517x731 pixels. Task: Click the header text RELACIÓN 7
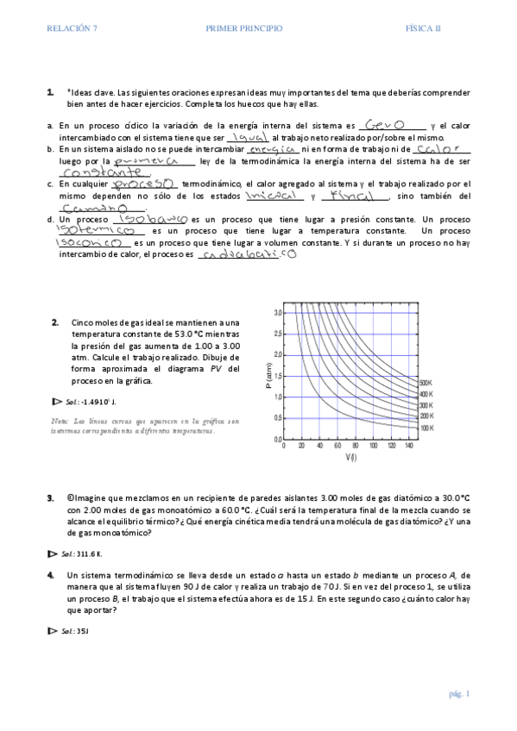click(73, 28)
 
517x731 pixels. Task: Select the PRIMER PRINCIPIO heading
click(244, 28)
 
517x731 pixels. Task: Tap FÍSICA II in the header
click(423, 28)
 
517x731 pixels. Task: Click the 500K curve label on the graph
click(425, 382)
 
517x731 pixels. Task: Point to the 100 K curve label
click(425, 428)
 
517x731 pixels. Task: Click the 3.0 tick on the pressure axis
click(278, 312)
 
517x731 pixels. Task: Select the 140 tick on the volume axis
click(407, 447)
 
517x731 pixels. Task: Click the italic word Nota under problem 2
click(60, 420)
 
